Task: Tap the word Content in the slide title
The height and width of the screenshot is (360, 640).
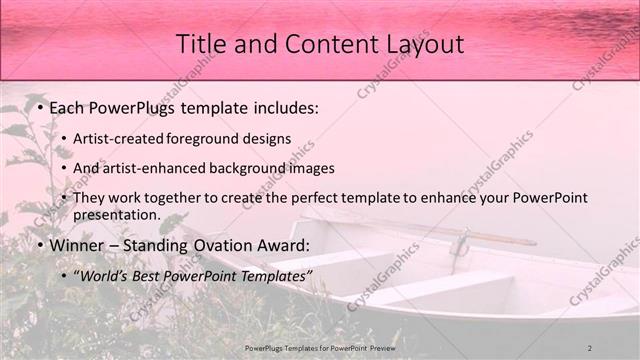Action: [x=321, y=44]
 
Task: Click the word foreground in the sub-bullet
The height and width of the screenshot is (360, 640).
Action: [x=211, y=138]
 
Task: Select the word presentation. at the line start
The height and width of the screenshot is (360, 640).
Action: [x=116, y=215]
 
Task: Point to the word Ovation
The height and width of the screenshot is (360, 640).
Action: [x=236, y=245]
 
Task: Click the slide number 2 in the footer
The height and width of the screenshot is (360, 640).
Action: [x=590, y=347]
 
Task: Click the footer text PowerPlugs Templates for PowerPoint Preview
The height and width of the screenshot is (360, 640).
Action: [x=320, y=347]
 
